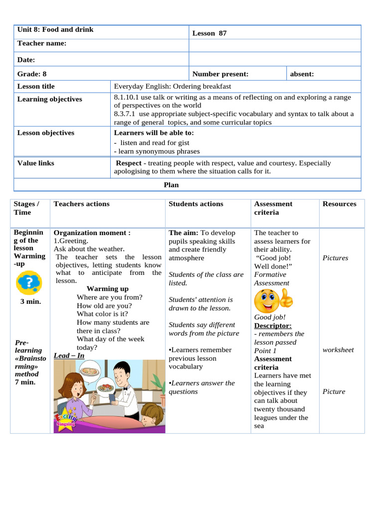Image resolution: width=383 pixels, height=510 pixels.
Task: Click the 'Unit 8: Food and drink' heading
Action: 55,30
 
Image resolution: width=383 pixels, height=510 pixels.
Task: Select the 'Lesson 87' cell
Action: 209,33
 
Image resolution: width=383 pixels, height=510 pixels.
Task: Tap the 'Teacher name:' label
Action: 42,44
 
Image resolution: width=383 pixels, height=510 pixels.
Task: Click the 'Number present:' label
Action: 220,74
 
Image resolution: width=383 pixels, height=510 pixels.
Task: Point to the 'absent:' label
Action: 302,74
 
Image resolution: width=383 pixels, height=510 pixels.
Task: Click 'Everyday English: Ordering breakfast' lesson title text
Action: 173,86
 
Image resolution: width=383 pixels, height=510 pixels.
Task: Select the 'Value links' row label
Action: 36,163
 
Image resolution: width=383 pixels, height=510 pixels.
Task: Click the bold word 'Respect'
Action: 129,163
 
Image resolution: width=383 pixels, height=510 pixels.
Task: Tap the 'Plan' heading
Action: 171,185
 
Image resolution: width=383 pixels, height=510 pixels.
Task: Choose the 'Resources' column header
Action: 339,204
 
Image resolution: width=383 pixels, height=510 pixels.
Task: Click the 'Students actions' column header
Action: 196,204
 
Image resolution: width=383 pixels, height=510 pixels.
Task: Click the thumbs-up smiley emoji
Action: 273,300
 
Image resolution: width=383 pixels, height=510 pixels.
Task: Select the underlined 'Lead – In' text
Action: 69,356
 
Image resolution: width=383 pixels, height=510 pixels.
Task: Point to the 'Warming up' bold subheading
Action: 107,289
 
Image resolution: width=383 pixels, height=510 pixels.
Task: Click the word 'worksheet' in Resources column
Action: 338,350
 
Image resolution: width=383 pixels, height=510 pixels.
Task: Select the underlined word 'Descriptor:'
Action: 273,326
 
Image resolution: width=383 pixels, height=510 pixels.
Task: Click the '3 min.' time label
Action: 30,302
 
